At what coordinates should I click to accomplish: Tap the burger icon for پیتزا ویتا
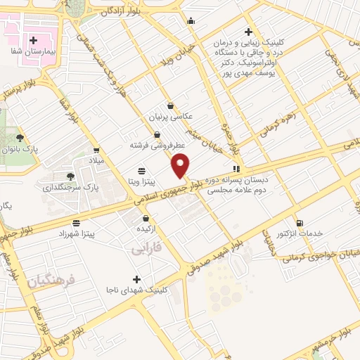click(142, 170)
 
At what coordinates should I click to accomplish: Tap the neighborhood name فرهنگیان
click(51, 282)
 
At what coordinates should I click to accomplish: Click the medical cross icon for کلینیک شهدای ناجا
click(137, 278)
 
